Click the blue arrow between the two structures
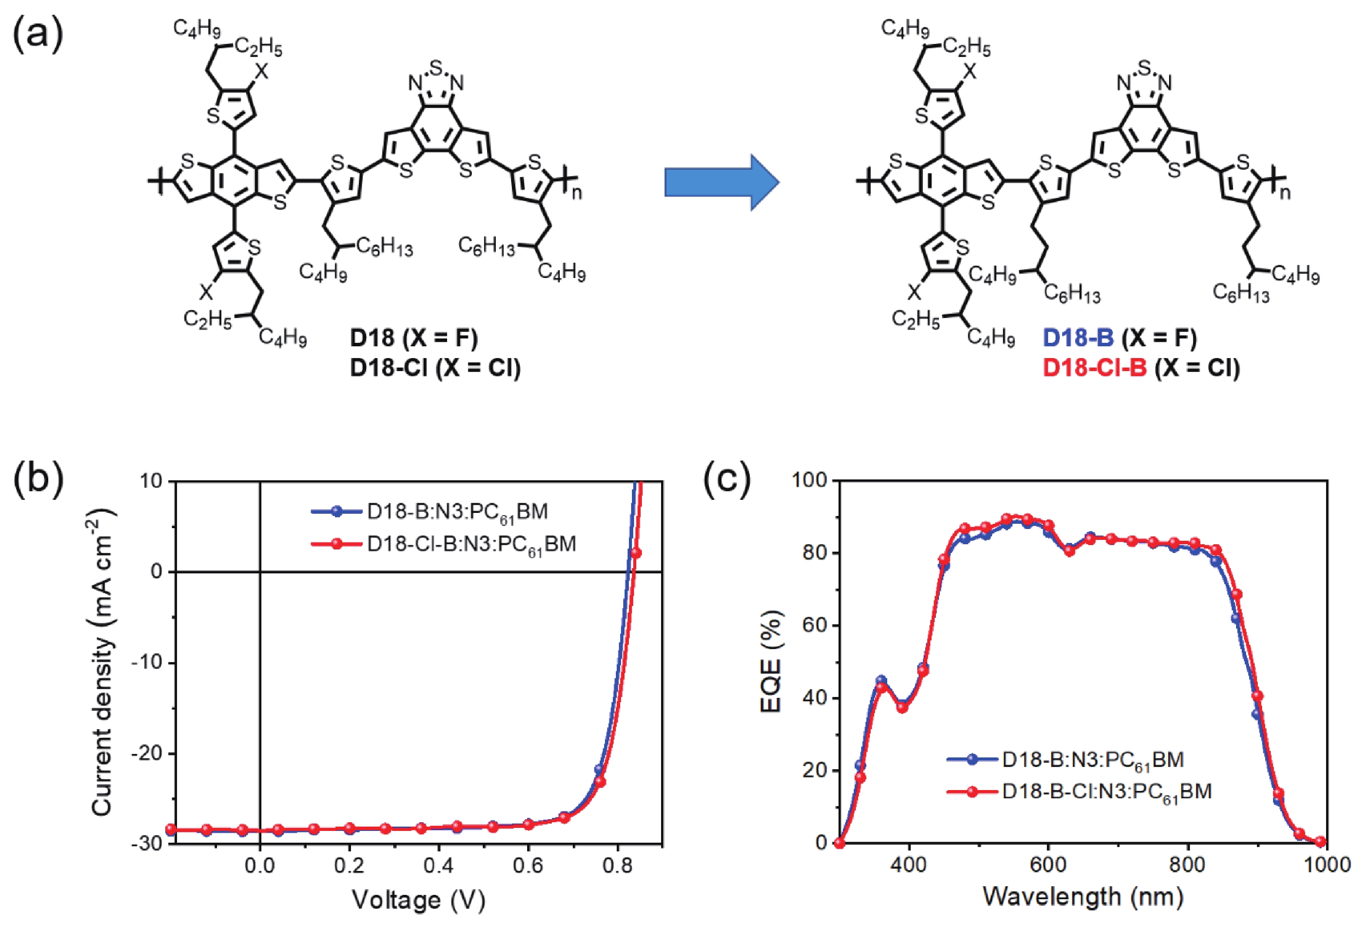coord(720,182)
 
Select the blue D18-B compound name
coord(1078,338)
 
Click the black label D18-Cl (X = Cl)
coord(435,368)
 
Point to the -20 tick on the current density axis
coord(147,754)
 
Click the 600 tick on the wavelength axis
coord(1048,864)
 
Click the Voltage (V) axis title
coord(418,900)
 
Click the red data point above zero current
coord(635,553)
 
